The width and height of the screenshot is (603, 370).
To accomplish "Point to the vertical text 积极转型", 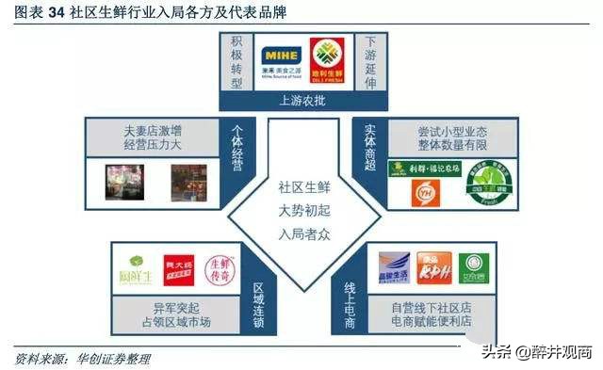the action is point(236,62).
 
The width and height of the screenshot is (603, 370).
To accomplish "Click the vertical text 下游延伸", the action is point(369,62).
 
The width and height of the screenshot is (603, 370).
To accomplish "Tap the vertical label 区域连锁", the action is point(259,288).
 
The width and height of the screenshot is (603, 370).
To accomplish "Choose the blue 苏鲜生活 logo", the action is point(394,267).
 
